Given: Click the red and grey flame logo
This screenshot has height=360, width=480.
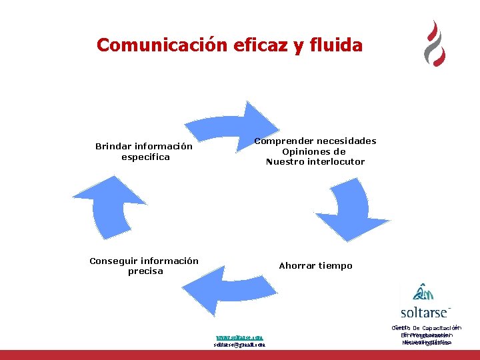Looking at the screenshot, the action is [435, 43].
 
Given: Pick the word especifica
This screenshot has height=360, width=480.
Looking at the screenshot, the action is [145, 157].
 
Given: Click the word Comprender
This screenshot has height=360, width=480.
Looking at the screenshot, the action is [283, 141].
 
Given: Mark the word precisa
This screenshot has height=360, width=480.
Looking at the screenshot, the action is [145, 271].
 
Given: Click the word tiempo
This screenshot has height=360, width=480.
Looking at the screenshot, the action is [336, 265].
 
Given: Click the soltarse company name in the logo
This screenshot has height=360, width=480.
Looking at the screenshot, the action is [425, 312].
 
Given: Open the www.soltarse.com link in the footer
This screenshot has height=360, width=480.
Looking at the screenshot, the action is [239, 337].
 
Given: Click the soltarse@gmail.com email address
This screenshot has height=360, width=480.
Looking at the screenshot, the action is [239, 345].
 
